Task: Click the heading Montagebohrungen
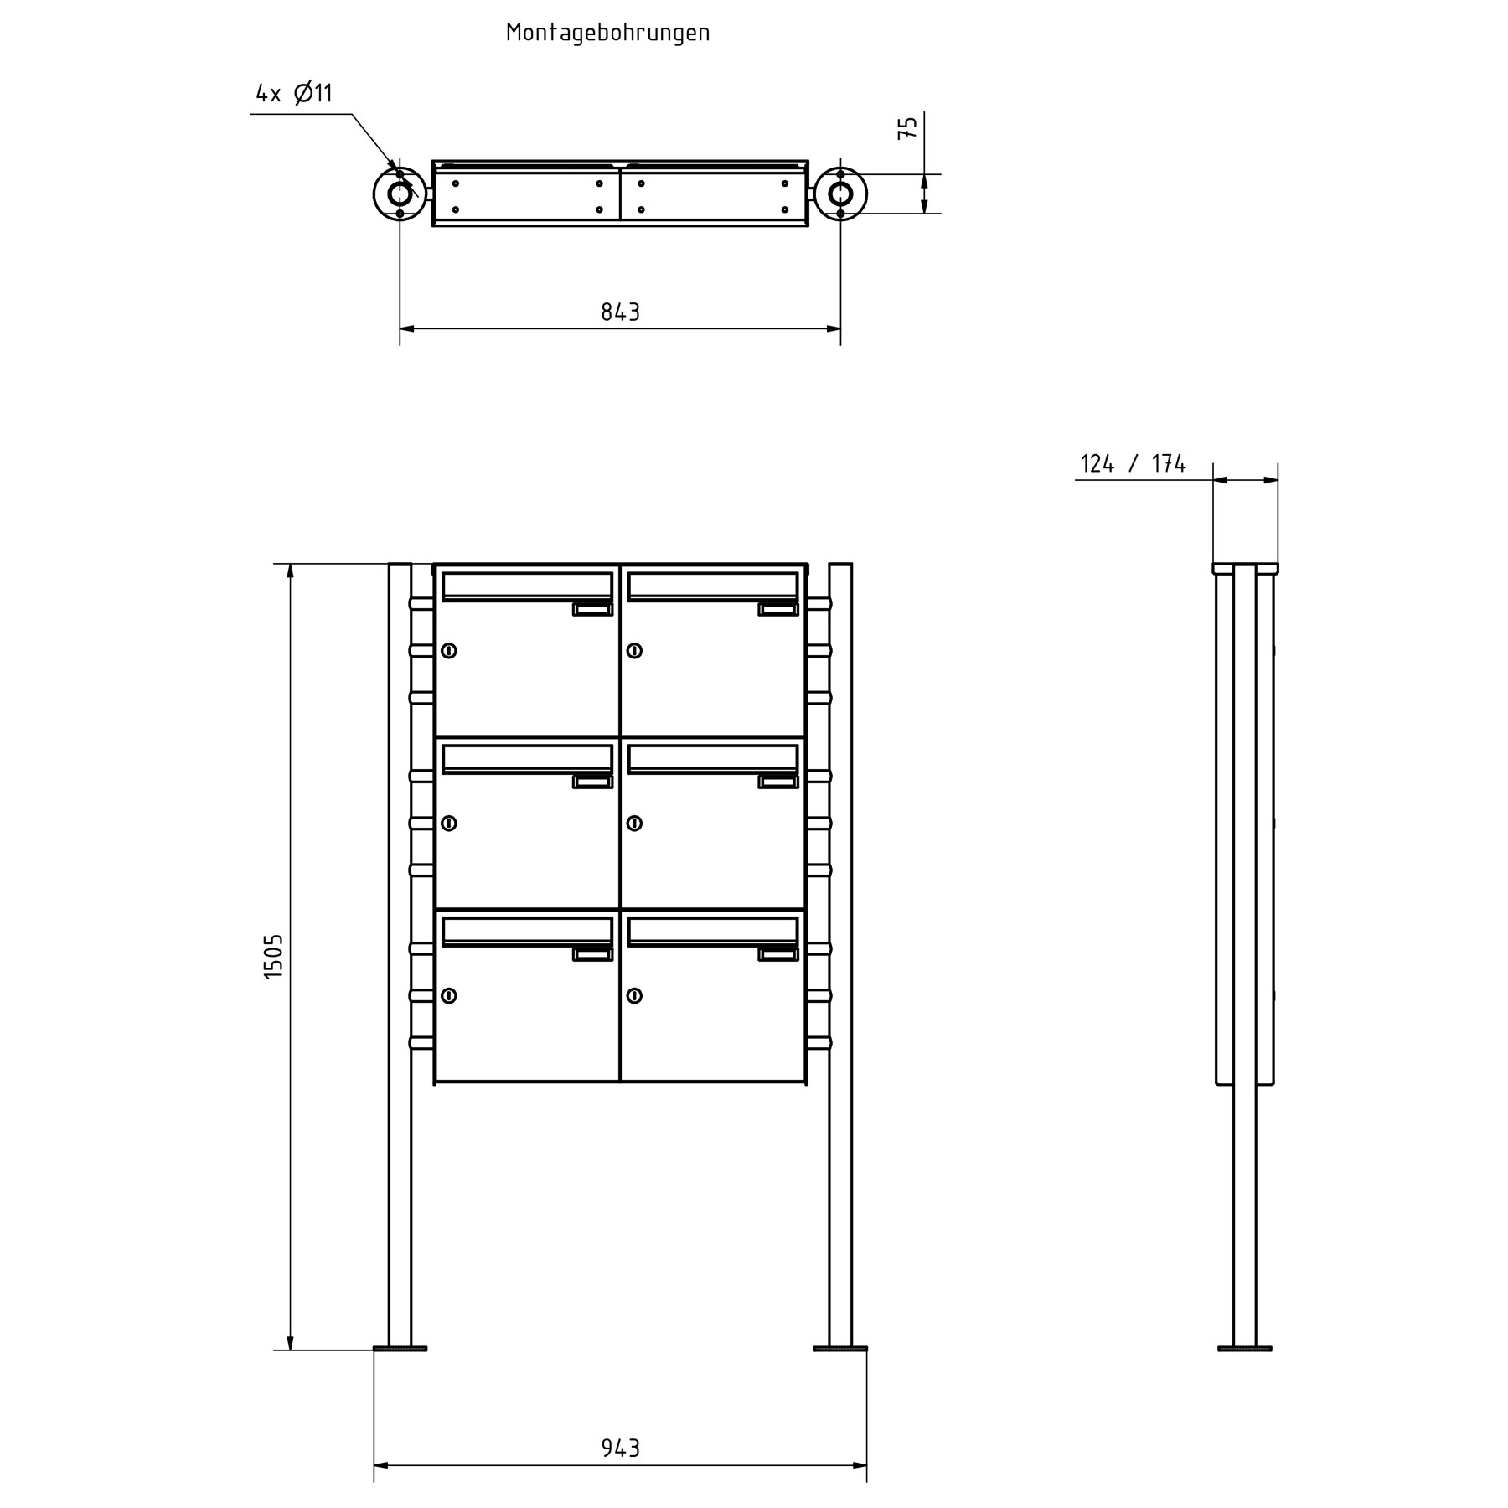pyautogui.click(x=607, y=34)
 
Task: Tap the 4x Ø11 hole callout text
pyautogui.click(x=294, y=93)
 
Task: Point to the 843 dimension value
pyautogui.click(x=620, y=312)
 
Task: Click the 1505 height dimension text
pyautogui.click(x=274, y=957)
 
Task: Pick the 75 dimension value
pyautogui.click(x=908, y=128)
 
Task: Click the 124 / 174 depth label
pyautogui.click(x=1133, y=464)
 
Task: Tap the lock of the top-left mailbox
pyautogui.click(x=449, y=650)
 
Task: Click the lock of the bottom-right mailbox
pyautogui.click(x=634, y=996)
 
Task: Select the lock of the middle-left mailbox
pyautogui.click(x=449, y=824)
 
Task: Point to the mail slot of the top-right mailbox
pyautogui.click(x=712, y=586)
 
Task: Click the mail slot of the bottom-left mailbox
pyautogui.click(x=527, y=931)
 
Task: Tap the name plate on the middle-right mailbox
pyautogui.click(x=778, y=782)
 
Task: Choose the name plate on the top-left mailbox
pyautogui.click(x=593, y=609)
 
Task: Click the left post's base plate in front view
pyautogui.click(x=400, y=1372)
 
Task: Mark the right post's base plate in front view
pyautogui.click(x=840, y=1372)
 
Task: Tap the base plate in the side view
pyautogui.click(x=1244, y=1372)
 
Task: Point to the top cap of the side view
pyautogui.click(x=1245, y=569)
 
